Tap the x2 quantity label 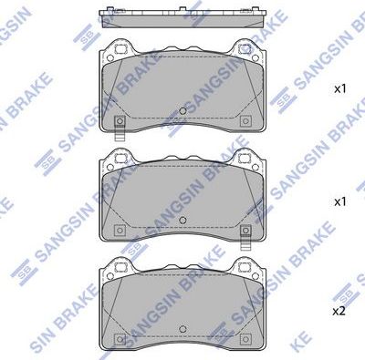(x=338, y=311)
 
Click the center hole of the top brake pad (x=182, y=112)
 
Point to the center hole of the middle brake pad (x=182, y=221)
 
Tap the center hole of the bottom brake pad (x=182, y=330)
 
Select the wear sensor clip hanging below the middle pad (x=244, y=239)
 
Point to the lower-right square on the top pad (x=244, y=121)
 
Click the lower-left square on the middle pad (x=120, y=230)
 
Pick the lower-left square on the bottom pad (x=120, y=340)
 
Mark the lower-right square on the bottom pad (x=244, y=340)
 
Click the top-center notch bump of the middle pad (x=182, y=152)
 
